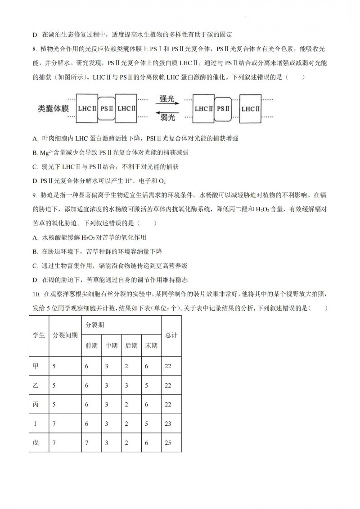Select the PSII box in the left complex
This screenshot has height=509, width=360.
(x=106, y=108)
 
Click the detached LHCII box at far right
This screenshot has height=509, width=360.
(x=250, y=108)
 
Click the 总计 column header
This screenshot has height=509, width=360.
(x=171, y=335)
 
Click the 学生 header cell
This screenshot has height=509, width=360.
(x=39, y=335)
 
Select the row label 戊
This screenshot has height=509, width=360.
(x=36, y=443)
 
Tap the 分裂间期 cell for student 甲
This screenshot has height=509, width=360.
(x=54, y=366)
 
